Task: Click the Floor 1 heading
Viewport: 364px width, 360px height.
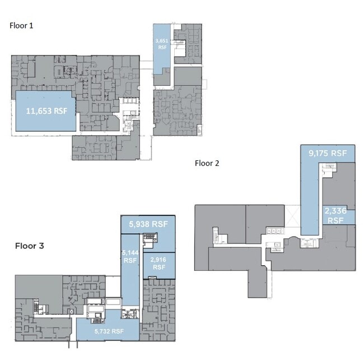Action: pos(21,26)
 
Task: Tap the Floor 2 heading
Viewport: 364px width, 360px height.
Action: pos(207,163)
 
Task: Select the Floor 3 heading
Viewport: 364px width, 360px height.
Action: pos(30,246)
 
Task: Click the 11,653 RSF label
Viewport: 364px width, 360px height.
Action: pos(46,111)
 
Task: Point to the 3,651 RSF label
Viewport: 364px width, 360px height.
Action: pos(162,44)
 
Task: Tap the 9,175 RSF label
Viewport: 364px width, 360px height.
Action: pos(328,153)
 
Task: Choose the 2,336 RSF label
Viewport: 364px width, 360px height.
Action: pos(335,215)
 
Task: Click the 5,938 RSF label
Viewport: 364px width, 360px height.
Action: pos(148,224)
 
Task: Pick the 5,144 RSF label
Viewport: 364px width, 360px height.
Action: pos(130,256)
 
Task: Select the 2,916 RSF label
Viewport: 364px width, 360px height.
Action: pos(158,264)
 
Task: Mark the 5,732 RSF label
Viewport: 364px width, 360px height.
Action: pos(109,331)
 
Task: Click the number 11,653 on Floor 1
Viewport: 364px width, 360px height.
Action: pos(39,111)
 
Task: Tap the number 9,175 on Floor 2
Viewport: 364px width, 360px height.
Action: pos(318,153)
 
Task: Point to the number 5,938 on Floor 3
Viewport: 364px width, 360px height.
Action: pos(139,224)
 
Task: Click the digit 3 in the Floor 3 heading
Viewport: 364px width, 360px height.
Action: pos(41,246)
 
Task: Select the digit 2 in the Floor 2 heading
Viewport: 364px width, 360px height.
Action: pos(217,163)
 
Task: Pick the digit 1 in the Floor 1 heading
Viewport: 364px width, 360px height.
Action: pos(31,26)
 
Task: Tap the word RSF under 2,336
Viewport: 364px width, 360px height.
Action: pos(335,220)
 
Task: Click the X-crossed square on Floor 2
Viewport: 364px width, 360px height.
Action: pos(292,216)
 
